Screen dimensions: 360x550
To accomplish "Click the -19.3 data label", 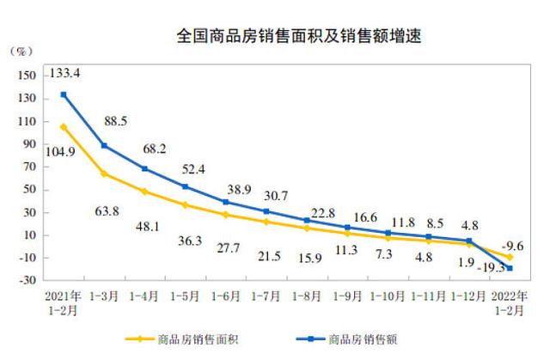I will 492,268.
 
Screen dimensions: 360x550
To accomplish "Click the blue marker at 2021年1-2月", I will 64,95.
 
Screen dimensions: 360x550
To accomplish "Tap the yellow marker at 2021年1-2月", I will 64,127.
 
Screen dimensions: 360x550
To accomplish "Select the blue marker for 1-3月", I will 105,145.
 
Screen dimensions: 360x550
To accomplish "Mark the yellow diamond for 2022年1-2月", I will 510,257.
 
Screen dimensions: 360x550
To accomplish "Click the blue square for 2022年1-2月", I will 510,268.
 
